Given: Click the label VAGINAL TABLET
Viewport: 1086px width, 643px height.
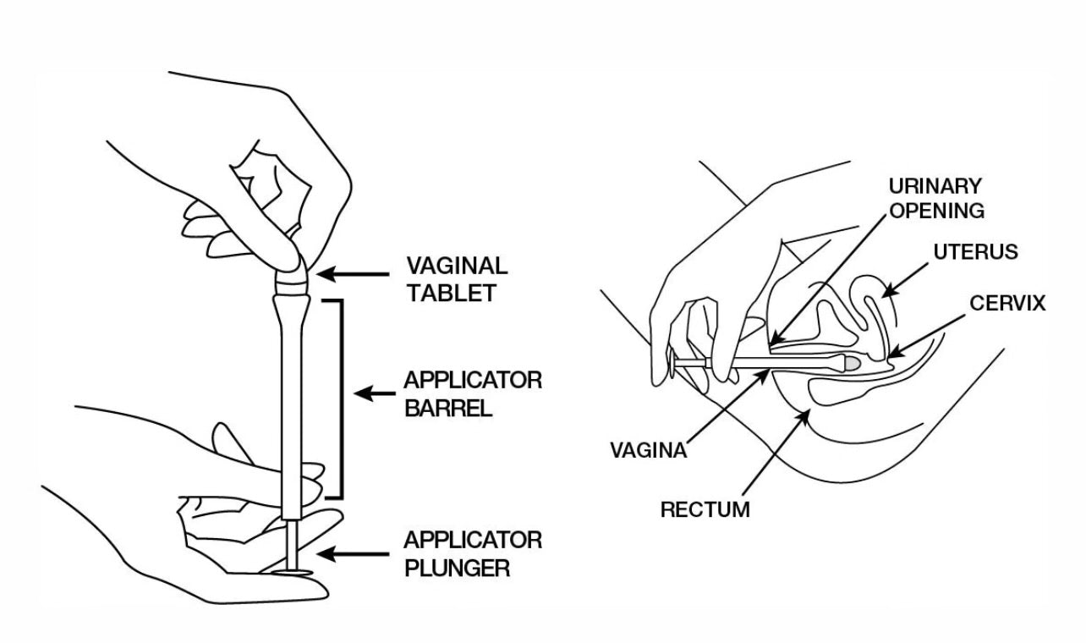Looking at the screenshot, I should click(458, 278).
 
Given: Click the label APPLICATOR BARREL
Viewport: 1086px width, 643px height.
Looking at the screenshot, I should click(473, 393).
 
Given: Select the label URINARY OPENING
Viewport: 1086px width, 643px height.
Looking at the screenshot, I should click(936, 199).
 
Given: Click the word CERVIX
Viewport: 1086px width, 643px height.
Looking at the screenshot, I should click(1007, 303).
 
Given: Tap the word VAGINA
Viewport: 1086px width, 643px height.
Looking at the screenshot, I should click(649, 450).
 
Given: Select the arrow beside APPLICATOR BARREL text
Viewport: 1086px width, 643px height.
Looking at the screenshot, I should click(376, 393).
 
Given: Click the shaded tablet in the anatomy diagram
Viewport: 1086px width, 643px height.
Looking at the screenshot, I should click(854, 362).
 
